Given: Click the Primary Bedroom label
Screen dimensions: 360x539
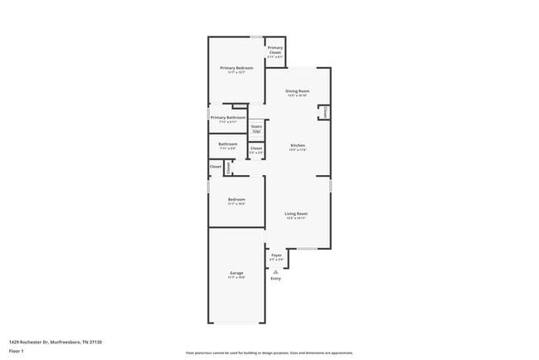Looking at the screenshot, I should pyautogui.click(x=236, y=67).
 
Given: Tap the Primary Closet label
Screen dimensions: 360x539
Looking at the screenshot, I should pyautogui.click(x=275, y=50).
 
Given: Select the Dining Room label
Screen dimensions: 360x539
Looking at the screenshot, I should pyautogui.click(x=297, y=90).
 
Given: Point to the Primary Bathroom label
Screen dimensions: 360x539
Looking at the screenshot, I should pyautogui.click(x=228, y=118).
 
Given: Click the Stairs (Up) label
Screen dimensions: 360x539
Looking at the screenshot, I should pyautogui.click(x=256, y=129).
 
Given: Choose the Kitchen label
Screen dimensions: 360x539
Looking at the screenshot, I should pyautogui.click(x=298, y=145).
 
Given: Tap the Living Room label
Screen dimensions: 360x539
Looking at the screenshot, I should pyautogui.click(x=296, y=214).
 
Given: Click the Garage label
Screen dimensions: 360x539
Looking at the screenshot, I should pyautogui.click(x=236, y=273).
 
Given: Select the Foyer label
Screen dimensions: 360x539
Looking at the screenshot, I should pyautogui.click(x=276, y=255).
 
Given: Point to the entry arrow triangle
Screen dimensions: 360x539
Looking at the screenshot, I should pyautogui.click(x=276, y=271).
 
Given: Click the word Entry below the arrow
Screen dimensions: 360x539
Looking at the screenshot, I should pyautogui.click(x=276, y=278).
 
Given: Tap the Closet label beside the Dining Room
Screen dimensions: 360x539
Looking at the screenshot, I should pyautogui.click(x=326, y=111).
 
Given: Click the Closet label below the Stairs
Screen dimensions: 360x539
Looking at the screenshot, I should pyautogui.click(x=256, y=148).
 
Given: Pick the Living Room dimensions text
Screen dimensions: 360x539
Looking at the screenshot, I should pyautogui.click(x=296, y=219).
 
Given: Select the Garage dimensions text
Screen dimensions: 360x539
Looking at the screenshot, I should pyautogui.click(x=236, y=278).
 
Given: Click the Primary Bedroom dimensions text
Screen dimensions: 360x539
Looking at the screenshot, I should pyautogui.click(x=236, y=72).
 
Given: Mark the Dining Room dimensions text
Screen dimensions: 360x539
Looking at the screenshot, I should pyautogui.click(x=297, y=95).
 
